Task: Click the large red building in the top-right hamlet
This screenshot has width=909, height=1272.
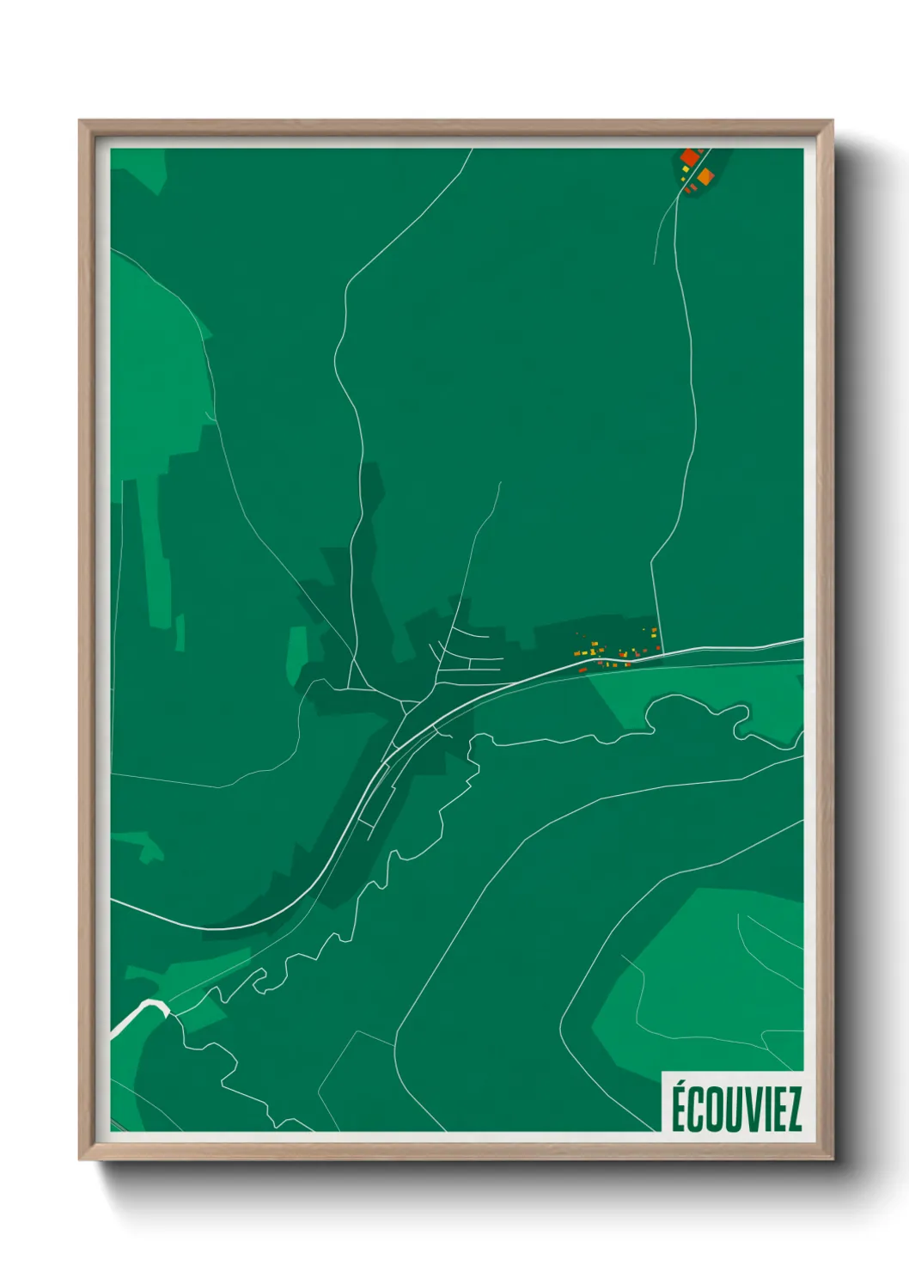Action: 690,157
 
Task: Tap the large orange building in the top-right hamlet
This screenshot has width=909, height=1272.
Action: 705,177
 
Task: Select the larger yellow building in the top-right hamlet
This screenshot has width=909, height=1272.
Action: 686,169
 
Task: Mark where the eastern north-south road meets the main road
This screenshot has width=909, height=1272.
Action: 663,653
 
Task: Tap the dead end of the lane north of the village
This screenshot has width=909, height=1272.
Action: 500,483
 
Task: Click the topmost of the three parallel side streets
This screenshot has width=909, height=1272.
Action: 471,634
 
